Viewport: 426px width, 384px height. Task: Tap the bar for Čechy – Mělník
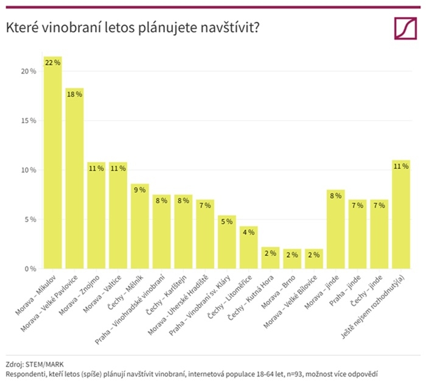click(x=140, y=226)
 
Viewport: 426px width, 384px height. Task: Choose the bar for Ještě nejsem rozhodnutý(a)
click(x=401, y=215)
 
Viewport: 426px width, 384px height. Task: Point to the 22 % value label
click(x=52, y=62)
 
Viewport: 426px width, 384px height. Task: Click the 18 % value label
click(x=74, y=94)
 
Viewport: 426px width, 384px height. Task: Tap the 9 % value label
click(x=140, y=190)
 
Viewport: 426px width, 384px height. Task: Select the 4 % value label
click(x=248, y=232)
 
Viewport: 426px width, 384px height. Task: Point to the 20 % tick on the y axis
click(x=29, y=71)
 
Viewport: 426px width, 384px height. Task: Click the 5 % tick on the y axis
click(x=30, y=219)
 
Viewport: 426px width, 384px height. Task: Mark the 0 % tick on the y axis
click(x=30, y=269)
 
